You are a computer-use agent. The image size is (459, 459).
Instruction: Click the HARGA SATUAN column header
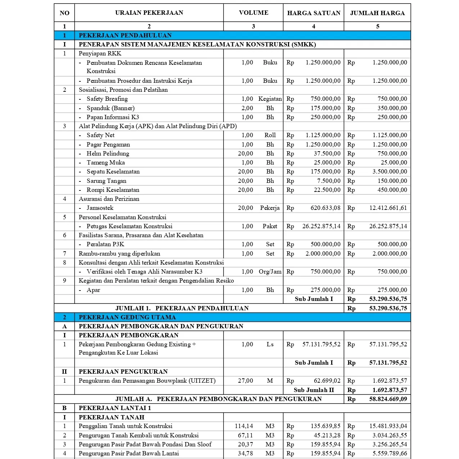click(x=314, y=13)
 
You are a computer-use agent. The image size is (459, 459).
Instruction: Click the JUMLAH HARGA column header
click(x=377, y=13)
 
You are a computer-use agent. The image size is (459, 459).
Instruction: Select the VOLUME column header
click(x=253, y=13)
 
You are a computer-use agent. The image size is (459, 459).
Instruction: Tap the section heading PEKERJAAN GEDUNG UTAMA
click(x=127, y=317)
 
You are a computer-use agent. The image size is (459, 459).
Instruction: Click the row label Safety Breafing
click(x=107, y=99)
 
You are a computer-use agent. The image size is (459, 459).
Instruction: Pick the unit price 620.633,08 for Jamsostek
click(x=325, y=208)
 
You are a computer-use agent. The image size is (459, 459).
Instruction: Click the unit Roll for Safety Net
click(x=270, y=135)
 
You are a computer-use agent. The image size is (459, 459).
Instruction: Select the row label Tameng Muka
click(x=105, y=162)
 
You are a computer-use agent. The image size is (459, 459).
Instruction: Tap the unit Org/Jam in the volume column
click(x=270, y=271)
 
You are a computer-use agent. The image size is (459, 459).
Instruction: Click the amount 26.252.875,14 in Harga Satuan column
click(x=321, y=226)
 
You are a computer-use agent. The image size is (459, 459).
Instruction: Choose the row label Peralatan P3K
click(x=105, y=244)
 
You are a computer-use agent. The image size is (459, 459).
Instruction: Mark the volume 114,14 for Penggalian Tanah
click(x=244, y=426)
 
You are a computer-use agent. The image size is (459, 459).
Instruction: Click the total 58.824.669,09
click(x=388, y=399)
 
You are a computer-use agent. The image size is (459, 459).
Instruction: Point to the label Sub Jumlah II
click(x=314, y=390)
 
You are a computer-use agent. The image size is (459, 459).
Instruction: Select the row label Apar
click(x=93, y=290)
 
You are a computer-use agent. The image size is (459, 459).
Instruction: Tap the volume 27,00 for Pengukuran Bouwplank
click(x=245, y=381)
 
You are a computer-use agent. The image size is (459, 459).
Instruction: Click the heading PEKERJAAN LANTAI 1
click(x=115, y=408)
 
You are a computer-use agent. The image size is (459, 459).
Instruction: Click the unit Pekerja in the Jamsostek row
click(x=270, y=208)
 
